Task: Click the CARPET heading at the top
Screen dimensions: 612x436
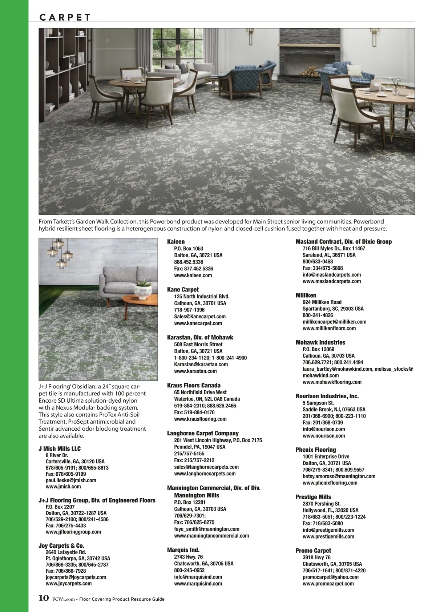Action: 65,17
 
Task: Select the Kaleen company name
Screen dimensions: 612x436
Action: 176,242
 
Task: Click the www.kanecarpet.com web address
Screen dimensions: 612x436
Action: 198,323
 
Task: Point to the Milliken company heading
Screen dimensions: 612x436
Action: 306,295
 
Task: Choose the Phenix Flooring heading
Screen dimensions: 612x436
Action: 315,450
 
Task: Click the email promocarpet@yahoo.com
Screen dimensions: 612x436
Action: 330,577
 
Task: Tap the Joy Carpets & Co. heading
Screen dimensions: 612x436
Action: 61,545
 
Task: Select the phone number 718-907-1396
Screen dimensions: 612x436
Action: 189,310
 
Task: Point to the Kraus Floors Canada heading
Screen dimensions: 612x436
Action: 194,385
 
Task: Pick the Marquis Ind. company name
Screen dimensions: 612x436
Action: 183,550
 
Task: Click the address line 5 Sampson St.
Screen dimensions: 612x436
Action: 318,403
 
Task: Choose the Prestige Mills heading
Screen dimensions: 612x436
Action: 313,497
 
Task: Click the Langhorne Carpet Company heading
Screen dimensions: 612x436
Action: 203,433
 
